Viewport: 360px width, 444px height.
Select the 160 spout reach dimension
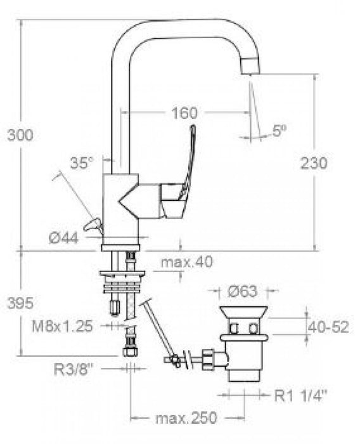coord(184,114)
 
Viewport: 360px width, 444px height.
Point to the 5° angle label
coord(280,131)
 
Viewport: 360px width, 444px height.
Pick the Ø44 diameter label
coord(64,237)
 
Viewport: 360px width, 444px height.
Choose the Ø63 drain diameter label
coord(243,292)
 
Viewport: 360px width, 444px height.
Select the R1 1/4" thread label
coord(301,396)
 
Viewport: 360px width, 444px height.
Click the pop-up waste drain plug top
coord(244,311)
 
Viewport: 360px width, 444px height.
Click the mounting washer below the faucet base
coord(123,275)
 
